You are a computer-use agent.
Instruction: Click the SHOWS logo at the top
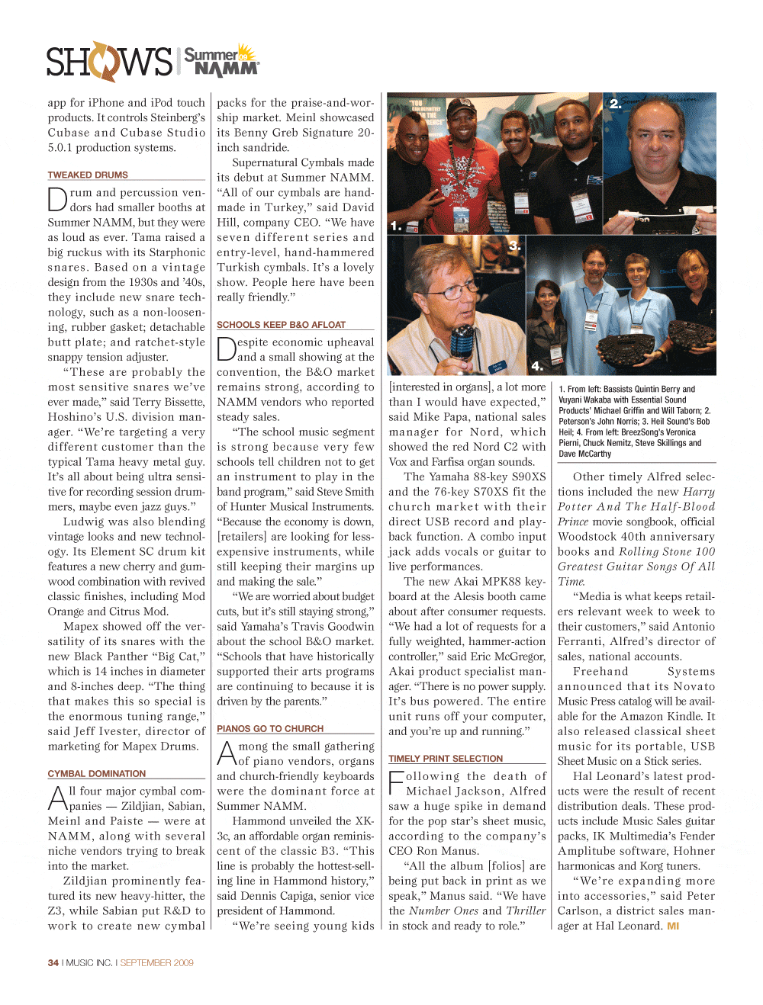109,62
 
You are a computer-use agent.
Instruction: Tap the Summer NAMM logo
221,61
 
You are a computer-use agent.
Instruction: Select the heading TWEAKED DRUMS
88,175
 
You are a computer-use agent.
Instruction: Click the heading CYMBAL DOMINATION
96,773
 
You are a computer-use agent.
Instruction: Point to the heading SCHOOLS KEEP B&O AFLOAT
281,324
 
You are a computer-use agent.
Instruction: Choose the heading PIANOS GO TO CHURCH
270,728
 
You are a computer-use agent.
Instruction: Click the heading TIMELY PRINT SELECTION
446,759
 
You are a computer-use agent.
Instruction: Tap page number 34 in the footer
53,962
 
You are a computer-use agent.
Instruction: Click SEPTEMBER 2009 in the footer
156,962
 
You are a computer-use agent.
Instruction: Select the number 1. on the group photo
395,226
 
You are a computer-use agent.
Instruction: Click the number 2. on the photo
615,104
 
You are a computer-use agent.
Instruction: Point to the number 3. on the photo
514,246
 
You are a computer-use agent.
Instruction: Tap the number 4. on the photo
536,366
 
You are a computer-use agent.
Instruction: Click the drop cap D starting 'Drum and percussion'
57,199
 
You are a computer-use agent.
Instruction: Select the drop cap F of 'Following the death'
396,783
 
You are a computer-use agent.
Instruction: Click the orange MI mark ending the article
673,926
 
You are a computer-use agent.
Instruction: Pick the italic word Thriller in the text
526,910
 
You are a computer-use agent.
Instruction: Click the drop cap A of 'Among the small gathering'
227,753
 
